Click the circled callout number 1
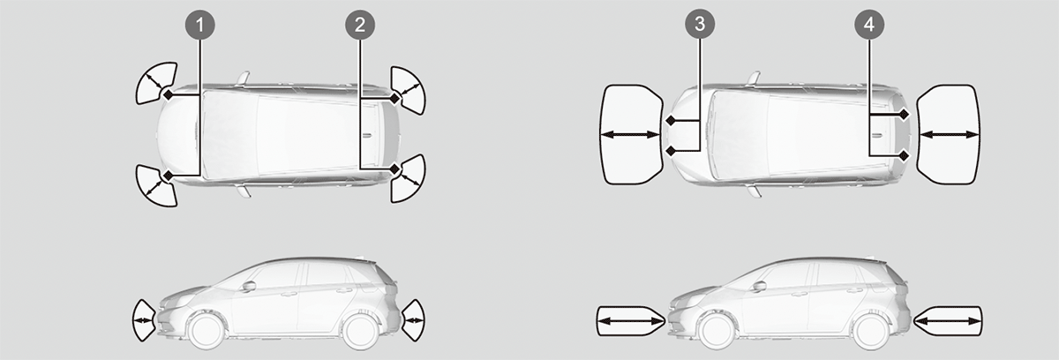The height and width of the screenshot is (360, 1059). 199,25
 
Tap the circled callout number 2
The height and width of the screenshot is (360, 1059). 360,25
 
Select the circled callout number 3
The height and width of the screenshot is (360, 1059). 700,24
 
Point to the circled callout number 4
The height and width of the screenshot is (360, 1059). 869,25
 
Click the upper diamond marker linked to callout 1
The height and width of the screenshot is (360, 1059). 168,95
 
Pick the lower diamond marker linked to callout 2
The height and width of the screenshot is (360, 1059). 394,169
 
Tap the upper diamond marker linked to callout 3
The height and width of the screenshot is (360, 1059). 671,121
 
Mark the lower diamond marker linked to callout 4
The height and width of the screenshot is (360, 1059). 904,156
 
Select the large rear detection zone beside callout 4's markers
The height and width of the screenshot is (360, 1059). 949,135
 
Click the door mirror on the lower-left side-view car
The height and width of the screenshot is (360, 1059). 249,286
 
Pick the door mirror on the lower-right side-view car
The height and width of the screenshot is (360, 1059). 760,286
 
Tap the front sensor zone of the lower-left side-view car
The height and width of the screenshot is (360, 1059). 144,320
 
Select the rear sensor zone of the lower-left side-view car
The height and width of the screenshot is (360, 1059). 413,320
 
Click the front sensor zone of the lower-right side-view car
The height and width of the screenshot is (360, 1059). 631,321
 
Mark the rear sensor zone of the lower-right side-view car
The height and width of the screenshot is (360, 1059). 948,321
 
